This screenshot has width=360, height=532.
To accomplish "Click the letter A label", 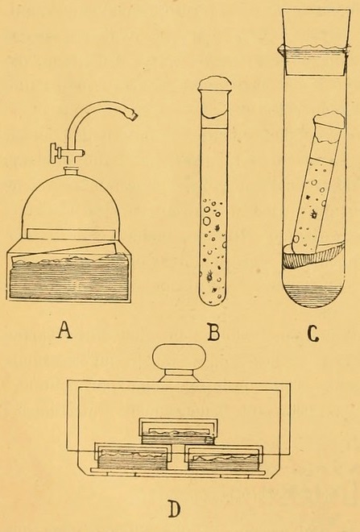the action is (x=64, y=330).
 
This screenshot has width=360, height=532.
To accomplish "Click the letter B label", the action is (x=213, y=332).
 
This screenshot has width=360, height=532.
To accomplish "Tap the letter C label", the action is (x=312, y=333).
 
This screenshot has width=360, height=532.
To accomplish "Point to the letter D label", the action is (x=174, y=509).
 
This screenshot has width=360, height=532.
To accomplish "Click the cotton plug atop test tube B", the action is (x=215, y=83).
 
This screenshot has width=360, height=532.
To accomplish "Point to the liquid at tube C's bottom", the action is (x=314, y=295).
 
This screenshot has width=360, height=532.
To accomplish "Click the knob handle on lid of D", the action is (x=180, y=355).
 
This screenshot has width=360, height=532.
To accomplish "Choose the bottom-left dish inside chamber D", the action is (x=133, y=455).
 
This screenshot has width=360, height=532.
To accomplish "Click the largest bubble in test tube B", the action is (x=206, y=222).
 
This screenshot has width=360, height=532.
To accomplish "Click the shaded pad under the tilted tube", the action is (x=312, y=256).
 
